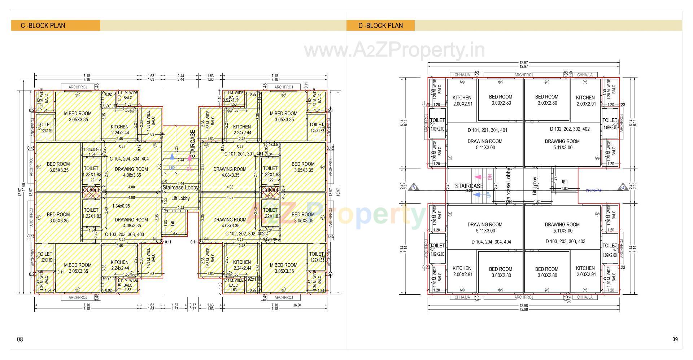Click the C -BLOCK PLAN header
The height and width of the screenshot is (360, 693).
43,26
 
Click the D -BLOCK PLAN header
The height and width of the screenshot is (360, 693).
380,26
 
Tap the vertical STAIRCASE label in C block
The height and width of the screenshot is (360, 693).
193,144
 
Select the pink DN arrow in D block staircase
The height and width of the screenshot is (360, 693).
479,177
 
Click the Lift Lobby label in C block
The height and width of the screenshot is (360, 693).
180,198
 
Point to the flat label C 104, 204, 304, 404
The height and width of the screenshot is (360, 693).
129,159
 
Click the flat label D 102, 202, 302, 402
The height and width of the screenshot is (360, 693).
570,129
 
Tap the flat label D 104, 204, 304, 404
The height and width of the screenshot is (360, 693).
491,242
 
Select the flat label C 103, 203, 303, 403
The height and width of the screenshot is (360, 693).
125,234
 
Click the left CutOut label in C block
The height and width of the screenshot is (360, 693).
91,190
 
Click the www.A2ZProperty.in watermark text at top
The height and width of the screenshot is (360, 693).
395,51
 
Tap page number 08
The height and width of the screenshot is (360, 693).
20,339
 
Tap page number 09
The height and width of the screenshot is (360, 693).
675,339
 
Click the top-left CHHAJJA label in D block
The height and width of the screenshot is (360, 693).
462,75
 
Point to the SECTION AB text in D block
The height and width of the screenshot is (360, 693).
593,190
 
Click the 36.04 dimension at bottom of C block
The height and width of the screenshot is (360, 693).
297,305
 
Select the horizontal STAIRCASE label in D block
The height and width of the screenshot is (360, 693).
469,186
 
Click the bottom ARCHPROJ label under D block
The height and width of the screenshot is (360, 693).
523,297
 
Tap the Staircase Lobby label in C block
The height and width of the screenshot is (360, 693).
180,188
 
